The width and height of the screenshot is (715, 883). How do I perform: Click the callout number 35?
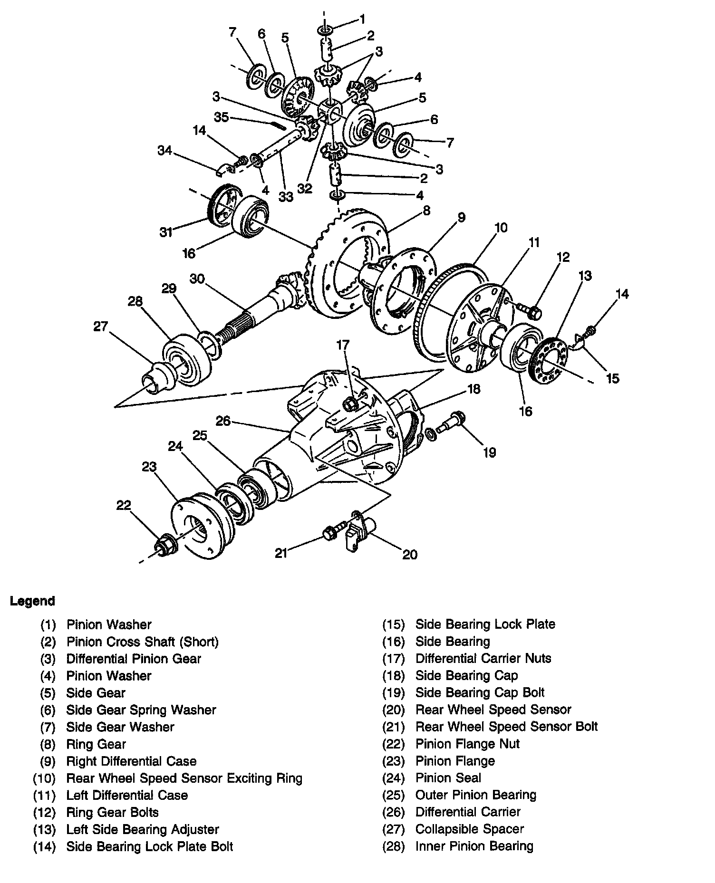tap(222, 117)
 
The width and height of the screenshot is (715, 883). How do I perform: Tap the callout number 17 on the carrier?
tap(343, 346)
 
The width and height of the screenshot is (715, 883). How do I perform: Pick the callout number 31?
tap(165, 232)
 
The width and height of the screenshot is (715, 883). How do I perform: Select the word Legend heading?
tap(32, 601)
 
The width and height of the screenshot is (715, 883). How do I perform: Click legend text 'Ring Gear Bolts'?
tap(112, 812)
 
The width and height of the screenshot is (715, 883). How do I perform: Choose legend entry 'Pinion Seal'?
tap(448, 778)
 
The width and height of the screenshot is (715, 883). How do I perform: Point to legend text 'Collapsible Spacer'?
tap(469, 829)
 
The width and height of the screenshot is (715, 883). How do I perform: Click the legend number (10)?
tap(44, 778)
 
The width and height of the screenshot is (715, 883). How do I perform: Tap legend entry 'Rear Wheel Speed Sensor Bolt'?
tap(506, 727)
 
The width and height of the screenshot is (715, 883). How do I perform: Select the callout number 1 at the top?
tap(362, 19)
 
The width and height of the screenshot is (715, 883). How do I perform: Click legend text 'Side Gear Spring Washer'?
tap(141, 710)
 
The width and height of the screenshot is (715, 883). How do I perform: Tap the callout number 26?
tap(223, 421)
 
